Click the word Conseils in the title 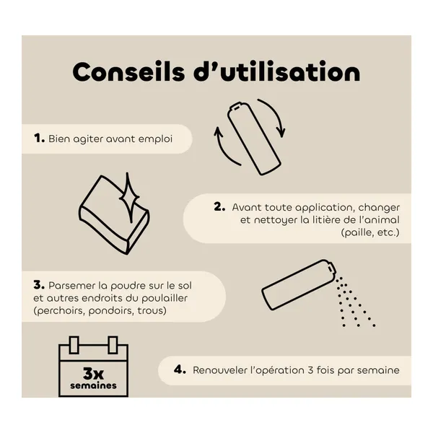[128, 71]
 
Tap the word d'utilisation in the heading [277, 71]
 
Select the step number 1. [39, 139]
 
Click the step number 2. [219, 207]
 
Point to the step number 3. [39, 285]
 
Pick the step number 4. [180, 369]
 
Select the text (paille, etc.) [370, 232]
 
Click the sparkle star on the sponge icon [128, 197]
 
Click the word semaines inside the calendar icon [93, 385]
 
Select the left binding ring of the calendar [74, 345]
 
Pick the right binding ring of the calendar [113, 345]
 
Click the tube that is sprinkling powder [299, 284]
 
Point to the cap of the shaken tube [237, 107]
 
